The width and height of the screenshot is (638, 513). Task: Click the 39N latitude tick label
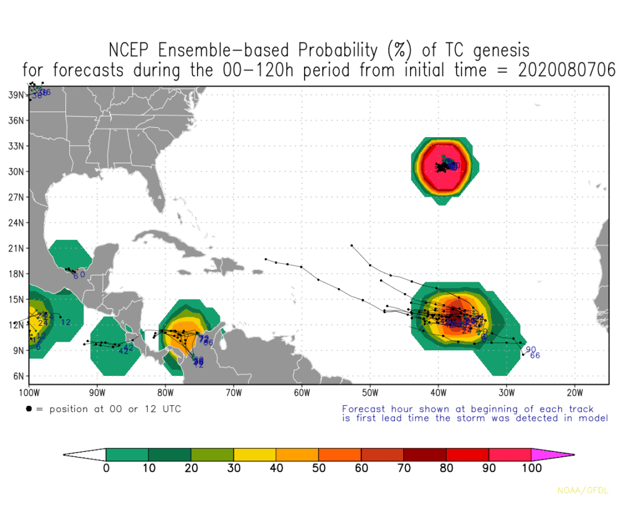[x=16, y=95]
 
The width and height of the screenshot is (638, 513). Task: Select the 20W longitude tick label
[x=574, y=393]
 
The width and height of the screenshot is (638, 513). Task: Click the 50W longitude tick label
[x=369, y=393]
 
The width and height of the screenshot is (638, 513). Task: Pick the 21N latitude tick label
[x=16, y=248]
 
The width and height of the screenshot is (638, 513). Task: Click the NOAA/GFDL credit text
[x=583, y=491]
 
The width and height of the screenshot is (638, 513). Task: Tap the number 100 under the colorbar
[x=531, y=469]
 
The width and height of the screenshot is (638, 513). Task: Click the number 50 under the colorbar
[x=318, y=469]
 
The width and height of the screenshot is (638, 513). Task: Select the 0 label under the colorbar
[x=106, y=469]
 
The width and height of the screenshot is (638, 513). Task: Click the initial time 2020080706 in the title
[x=566, y=70]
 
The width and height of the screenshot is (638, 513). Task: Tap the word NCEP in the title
[x=131, y=50]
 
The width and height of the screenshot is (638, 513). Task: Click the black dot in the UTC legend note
[x=29, y=409]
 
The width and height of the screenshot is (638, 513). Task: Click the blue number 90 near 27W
[x=531, y=350]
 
